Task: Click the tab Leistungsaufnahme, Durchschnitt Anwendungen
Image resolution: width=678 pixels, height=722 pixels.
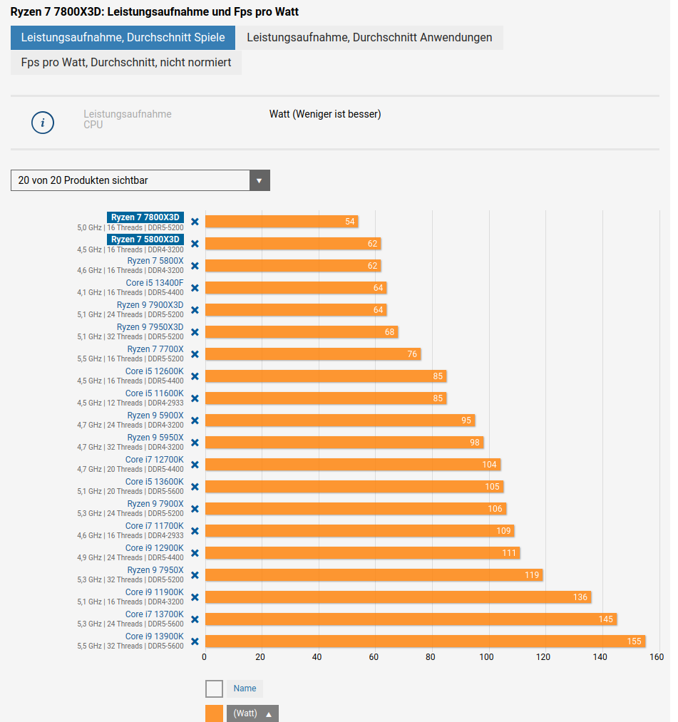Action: pos(369,38)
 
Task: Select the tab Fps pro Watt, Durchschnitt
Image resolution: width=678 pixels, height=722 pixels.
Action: pos(126,63)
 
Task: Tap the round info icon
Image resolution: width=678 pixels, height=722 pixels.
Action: pos(43,123)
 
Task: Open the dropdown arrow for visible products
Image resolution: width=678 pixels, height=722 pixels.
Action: pos(260,180)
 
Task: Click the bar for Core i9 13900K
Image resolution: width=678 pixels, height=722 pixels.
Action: pos(425,641)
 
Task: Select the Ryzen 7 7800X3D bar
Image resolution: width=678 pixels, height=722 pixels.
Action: pos(281,222)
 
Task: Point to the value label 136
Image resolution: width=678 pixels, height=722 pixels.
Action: pos(580,597)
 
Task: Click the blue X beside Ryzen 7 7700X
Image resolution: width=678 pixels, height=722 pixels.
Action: pos(195,354)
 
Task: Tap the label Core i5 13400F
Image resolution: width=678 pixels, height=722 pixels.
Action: pos(155,283)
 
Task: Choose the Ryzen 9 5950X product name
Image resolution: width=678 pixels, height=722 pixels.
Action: pos(155,438)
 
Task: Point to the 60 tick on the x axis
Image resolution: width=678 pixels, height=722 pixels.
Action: pos(374,657)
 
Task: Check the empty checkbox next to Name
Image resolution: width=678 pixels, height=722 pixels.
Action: pos(214,689)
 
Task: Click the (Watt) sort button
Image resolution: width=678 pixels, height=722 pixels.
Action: pos(252,713)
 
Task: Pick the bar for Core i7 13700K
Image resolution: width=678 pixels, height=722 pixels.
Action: pos(411,619)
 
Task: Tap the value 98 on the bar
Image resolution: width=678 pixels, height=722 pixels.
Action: pos(475,443)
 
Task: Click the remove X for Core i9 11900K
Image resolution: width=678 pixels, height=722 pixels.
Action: pos(195,597)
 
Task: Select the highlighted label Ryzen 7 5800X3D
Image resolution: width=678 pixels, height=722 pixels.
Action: pos(145,239)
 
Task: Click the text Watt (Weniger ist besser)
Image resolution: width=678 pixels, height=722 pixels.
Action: pos(325,114)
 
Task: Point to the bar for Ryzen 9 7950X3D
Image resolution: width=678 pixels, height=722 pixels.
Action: pos(301,332)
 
